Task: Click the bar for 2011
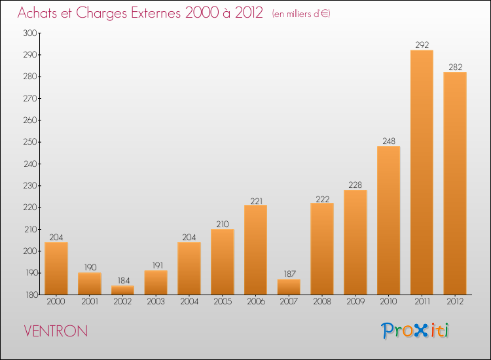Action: (422, 172)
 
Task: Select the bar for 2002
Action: (123, 290)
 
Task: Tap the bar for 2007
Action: (289, 287)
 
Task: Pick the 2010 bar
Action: (389, 221)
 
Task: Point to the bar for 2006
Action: (255, 250)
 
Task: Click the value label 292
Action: (422, 45)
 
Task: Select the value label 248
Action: (389, 141)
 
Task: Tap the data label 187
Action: (289, 274)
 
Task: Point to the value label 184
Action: (124, 281)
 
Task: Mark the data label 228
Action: (355, 185)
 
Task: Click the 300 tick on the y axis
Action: (29, 33)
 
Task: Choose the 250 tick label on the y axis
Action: (29, 142)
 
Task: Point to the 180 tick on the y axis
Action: (31, 295)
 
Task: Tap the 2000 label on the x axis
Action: (56, 302)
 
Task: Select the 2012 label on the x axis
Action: (455, 302)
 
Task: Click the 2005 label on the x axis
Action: (223, 302)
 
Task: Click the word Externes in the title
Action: (156, 13)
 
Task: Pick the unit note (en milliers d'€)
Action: (301, 14)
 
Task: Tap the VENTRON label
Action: (56, 331)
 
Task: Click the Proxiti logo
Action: (415, 331)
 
